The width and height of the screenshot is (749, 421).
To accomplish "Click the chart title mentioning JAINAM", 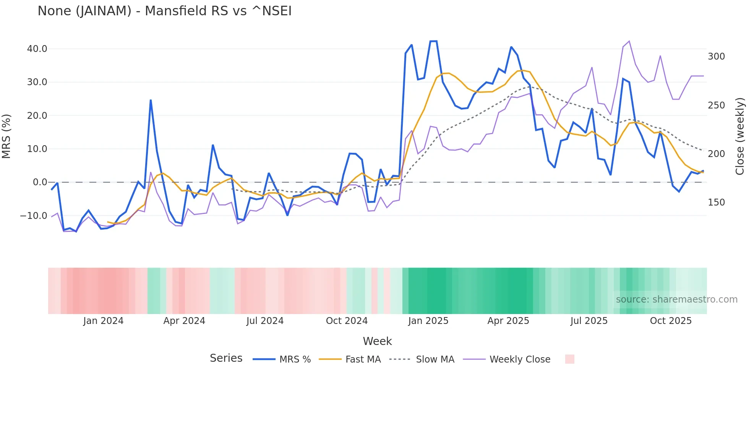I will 164,11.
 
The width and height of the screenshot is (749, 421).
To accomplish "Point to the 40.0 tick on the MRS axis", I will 37,49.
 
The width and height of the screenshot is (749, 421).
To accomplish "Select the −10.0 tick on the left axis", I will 34,215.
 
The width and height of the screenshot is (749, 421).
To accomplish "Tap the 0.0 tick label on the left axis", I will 40,182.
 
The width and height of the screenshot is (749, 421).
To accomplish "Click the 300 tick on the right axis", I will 716,57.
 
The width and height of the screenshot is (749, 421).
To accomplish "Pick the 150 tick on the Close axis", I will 716,202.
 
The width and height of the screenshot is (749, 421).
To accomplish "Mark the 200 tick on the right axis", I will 716,154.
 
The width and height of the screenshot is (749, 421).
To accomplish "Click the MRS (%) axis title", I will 6,136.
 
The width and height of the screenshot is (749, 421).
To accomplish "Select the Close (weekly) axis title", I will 740,136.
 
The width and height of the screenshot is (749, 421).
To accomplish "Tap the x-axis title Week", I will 377,341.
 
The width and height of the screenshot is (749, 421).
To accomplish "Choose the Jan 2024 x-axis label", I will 103,321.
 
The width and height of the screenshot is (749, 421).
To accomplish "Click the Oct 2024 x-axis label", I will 347,321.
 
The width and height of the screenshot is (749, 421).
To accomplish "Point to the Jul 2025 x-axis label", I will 589,321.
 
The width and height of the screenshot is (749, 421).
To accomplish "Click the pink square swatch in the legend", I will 569,359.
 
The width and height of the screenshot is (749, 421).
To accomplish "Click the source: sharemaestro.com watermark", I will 676,300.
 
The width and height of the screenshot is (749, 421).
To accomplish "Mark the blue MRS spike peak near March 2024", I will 151,100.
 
